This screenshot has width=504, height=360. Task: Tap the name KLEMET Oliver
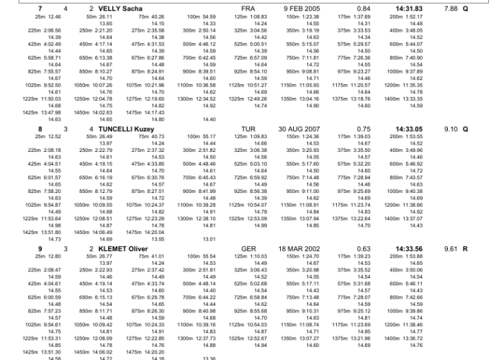[123, 249]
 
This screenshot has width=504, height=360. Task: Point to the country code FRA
[248, 9]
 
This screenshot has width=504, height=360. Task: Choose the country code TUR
[248, 129]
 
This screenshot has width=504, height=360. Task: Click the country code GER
[248, 249]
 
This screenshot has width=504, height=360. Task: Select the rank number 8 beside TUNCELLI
[40, 129]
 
